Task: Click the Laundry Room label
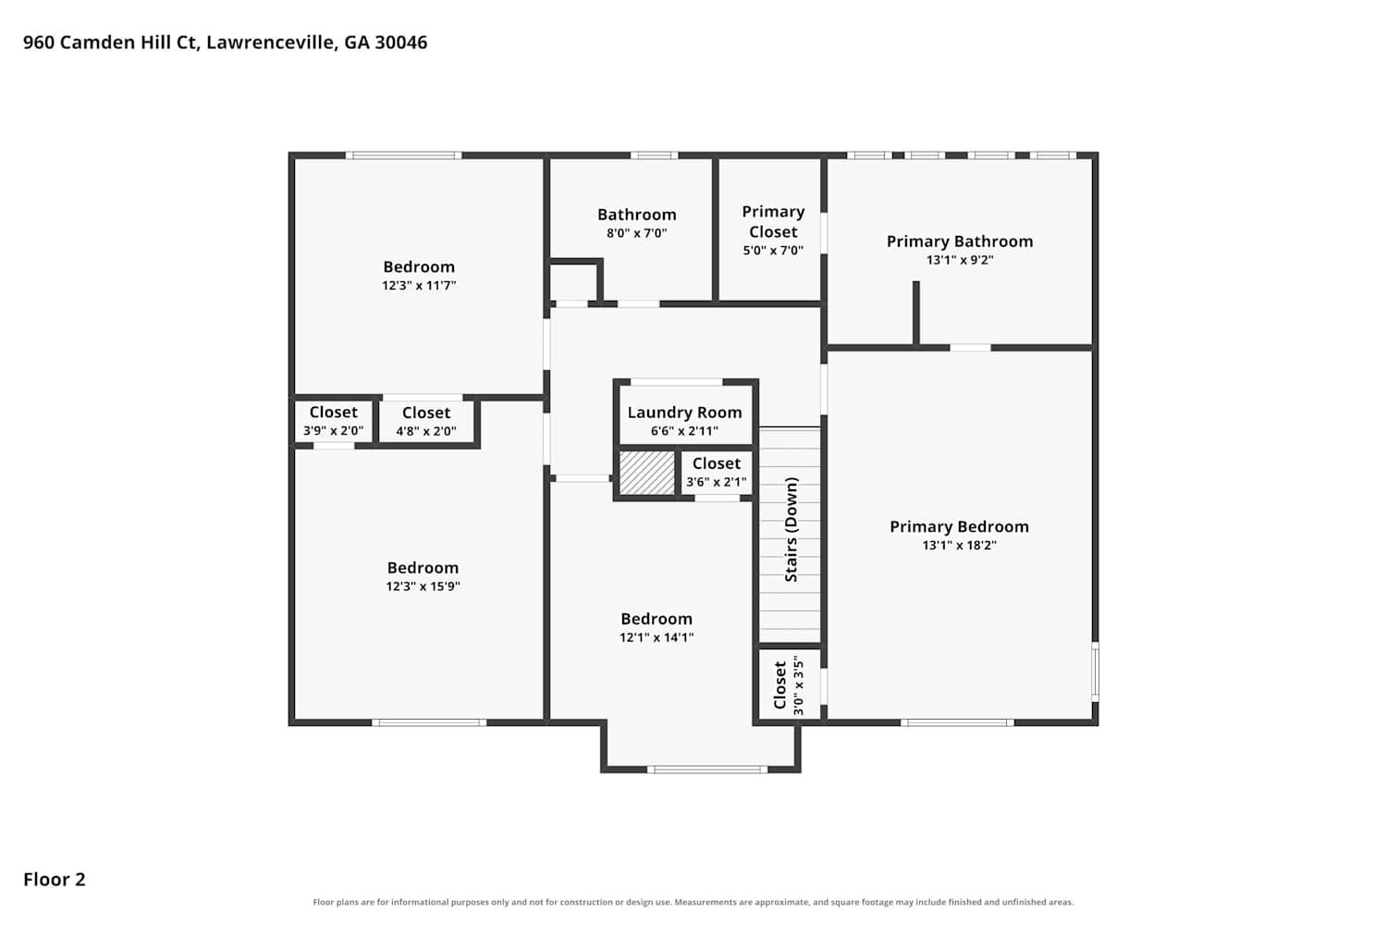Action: coord(684,413)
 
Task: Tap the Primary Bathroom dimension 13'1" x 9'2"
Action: coord(960,260)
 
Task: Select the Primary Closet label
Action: coord(773,222)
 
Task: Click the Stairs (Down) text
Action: coord(792,529)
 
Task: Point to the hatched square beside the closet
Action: coord(647,473)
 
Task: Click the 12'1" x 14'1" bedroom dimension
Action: coord(657,637)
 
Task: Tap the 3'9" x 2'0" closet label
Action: coord(333,421)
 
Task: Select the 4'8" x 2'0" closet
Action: coord(426,421)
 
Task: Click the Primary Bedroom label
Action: coord(959,526)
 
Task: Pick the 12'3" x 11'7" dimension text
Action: coord(419,286)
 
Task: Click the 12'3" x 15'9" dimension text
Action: coord(423,586)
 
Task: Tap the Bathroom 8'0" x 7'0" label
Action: coord(636,223)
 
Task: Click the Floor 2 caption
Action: coord(55,879)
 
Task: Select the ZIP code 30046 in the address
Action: coord(401,43)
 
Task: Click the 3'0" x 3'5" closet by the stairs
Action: coord(790,685)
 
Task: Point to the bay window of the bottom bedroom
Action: coord(707,770)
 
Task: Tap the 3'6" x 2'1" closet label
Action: coord(717,472)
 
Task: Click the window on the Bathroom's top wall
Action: coord(655,155)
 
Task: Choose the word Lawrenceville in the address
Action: coord(272,43)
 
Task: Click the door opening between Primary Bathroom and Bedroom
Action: coord(970,348)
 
